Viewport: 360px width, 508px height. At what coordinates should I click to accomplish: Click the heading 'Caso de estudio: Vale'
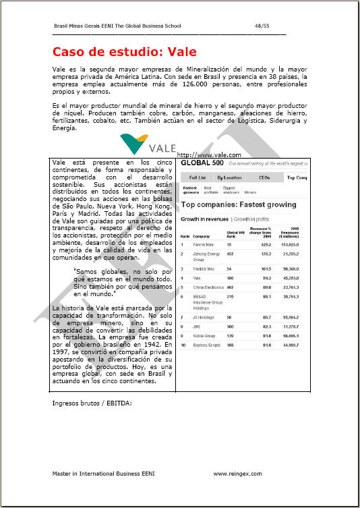point(125,52)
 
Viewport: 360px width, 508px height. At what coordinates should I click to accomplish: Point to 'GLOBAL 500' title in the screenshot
point(202,163)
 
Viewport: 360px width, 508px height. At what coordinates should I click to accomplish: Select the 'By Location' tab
point(229,177)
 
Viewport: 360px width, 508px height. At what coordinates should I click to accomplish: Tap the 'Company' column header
point(202,237)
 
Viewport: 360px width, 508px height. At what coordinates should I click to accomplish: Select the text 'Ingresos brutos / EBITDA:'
point(92,404)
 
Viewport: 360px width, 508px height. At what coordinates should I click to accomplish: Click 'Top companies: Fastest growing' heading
point(238,204)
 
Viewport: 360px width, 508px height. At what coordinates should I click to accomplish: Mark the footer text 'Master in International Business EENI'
point(103,474)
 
